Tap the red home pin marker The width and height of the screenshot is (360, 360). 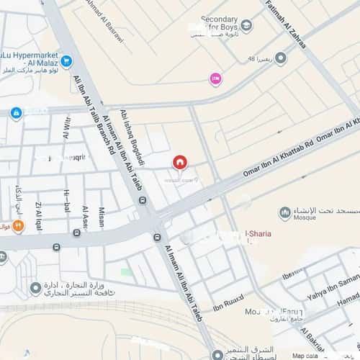click(179, 162)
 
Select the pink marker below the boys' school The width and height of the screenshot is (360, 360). click(215, 78)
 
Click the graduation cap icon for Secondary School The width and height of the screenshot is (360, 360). click(247, 27)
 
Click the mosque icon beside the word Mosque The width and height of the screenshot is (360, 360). click(285, 213)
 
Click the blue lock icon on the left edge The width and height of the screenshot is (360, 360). click(16, 113)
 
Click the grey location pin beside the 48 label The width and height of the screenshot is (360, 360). click(281, 58)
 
